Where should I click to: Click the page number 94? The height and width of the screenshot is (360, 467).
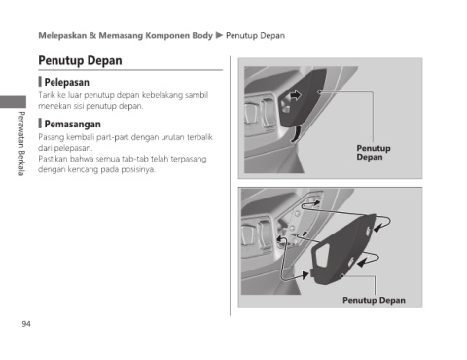pos(26,324)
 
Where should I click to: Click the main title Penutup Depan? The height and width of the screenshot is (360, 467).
pos(80,60)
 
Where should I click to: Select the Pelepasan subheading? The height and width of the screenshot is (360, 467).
pos(66,82)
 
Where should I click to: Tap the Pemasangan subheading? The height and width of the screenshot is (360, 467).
pos(72,124)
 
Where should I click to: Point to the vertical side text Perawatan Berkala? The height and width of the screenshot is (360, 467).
pos(21,143)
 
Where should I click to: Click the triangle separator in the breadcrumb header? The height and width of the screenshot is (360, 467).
pos(219,35)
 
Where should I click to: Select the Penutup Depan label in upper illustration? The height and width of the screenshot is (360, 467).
pos(374,153)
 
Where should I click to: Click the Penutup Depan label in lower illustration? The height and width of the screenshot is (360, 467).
pos(374,300)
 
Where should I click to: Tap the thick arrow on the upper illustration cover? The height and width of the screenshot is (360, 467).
pos(295,95)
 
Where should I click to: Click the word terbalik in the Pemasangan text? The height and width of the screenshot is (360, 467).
pos(199,137)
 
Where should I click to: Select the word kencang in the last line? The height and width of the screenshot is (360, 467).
pos(83,169)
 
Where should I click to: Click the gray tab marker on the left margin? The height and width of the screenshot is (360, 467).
pos(13,102)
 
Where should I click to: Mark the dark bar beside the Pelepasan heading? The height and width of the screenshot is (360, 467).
pos(40,82)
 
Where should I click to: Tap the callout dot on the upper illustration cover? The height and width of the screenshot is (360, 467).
pos(319,91)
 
